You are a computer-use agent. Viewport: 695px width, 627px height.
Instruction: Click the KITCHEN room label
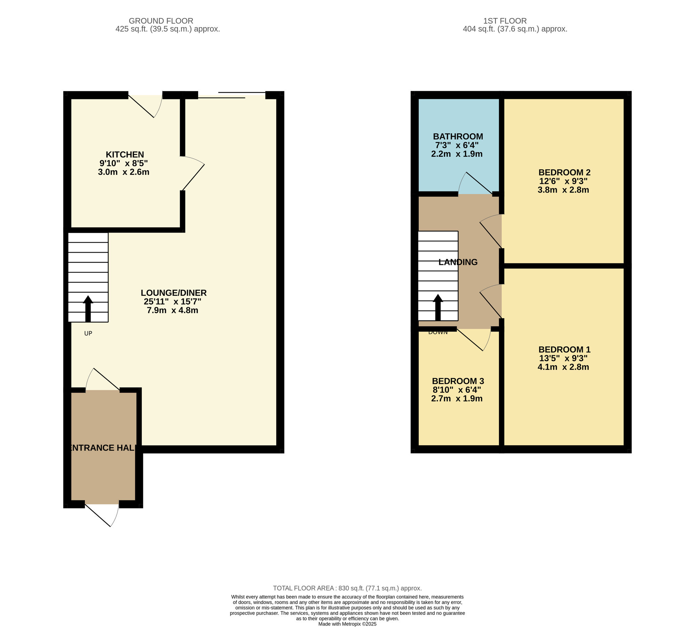tap(125, 155)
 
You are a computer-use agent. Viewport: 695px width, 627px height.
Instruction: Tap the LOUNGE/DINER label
tap(174, 293)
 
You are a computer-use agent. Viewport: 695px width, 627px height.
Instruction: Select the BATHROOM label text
tap(458, 137)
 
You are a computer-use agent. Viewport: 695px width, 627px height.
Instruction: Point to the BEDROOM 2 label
tap(564, 172)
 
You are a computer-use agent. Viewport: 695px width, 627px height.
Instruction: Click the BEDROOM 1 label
tap(564, 350)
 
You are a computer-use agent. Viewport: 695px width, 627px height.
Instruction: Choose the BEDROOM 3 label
tap(458, 381)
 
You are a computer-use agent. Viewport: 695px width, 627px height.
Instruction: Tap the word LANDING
tap(458, 262)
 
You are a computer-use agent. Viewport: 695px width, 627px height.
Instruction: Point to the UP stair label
tap(88, 334)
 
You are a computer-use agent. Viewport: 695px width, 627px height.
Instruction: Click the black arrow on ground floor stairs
tap(88, 309)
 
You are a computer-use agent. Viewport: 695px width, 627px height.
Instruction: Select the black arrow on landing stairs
tap(438, 308)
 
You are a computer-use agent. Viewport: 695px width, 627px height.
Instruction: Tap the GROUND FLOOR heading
tap(161, 21)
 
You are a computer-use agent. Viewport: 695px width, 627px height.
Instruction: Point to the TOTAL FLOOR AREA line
tap(347, 588)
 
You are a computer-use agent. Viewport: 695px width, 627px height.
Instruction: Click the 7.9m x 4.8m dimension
tap(172, 310)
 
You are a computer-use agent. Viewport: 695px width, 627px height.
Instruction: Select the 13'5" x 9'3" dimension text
tap(563, 358)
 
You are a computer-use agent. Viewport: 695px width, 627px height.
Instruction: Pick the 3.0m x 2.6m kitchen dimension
tap(124, 172)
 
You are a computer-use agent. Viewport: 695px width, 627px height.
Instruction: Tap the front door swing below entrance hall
tap(103, 514)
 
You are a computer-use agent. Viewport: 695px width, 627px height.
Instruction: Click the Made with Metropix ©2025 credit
tap(347, 624)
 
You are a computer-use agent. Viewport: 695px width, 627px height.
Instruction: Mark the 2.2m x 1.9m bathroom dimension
tap(457, 154)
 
